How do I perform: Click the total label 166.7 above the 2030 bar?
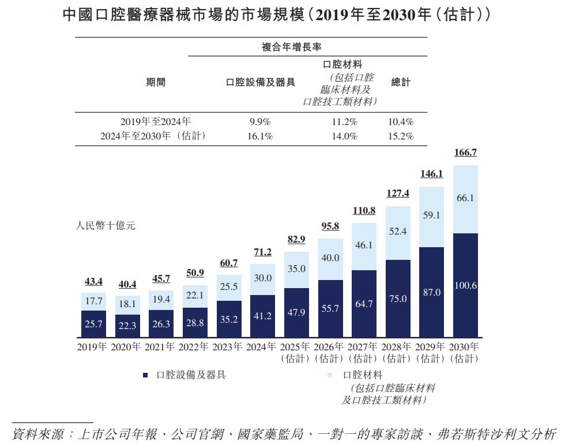(x=466, y=153)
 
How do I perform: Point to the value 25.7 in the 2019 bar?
(x=93, y=324)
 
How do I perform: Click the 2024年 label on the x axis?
(x=262, y=347)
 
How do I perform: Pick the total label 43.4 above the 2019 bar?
(x=93, y=282)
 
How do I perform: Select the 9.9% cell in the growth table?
(x=261, y=122)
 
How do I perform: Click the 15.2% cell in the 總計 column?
(x=401, y=137)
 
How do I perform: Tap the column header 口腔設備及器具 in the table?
(x=261, y=82)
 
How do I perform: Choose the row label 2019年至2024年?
(x=156, y=122)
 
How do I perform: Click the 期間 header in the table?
(x=156, y=82)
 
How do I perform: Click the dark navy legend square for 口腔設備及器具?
(x=145, y=375)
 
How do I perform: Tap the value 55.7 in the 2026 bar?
(x=330, y=308)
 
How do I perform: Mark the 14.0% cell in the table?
(x=345, y=137)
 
